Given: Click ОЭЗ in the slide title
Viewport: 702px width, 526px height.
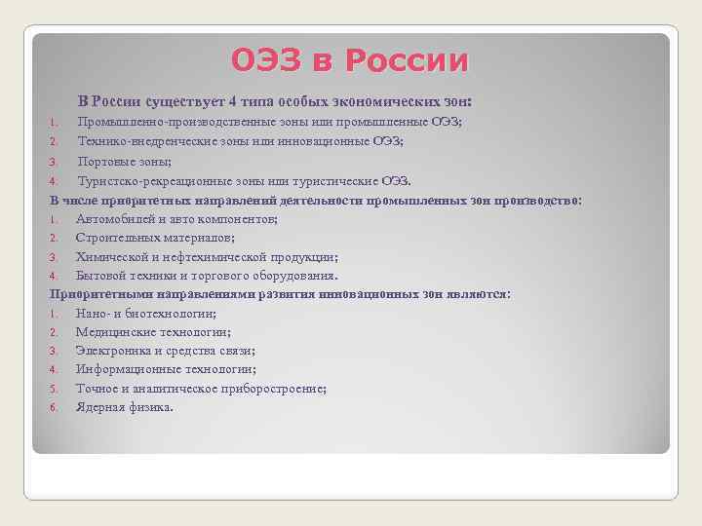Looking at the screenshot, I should (x=266, y=60).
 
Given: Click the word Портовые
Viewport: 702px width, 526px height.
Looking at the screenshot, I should (x=105, y=162).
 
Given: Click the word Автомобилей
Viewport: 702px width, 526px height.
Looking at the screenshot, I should (x=116, y=219).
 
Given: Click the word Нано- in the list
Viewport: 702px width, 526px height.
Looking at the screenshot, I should (x=93, y=314).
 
